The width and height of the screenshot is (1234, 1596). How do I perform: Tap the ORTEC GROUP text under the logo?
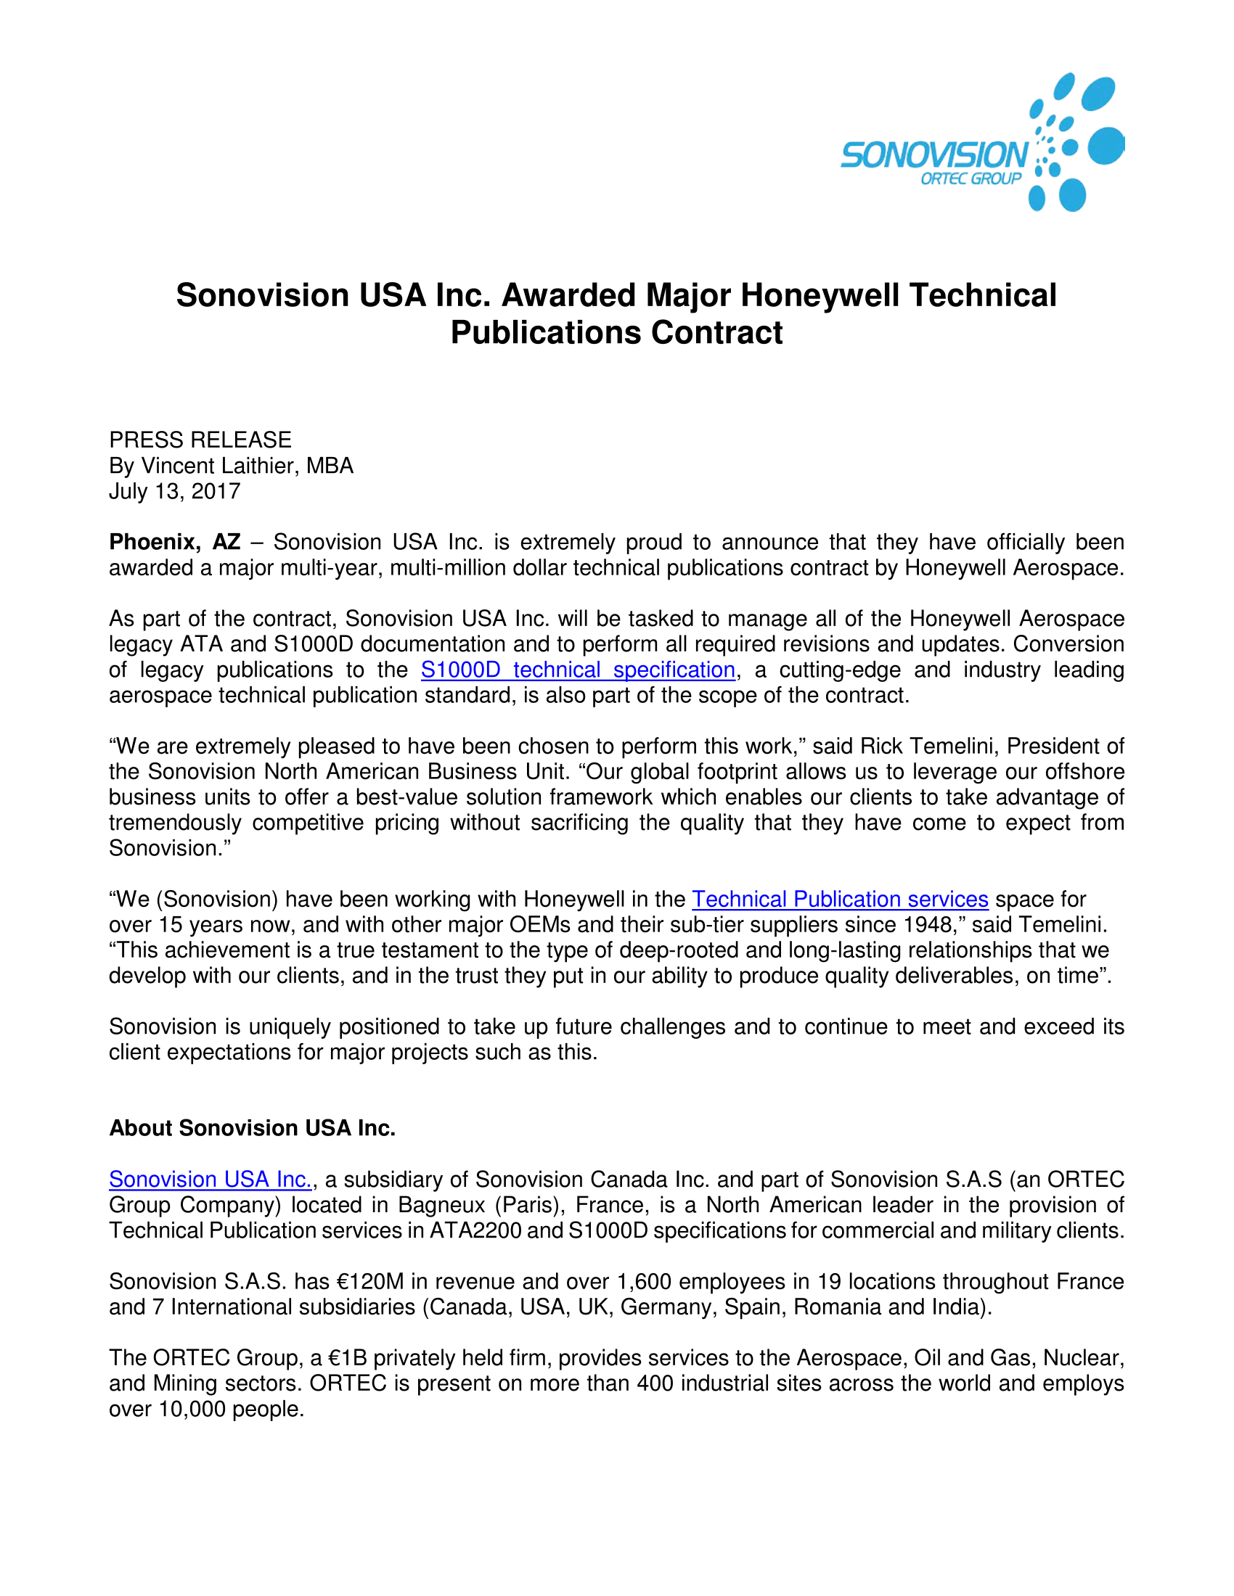click(x=970, y=179)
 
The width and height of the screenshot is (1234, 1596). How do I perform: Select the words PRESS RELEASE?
click(x=200, y=440)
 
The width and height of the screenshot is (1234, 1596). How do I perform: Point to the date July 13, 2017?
click(x=175, y=491)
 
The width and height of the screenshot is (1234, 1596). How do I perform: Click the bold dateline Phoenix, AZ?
click(x=175, y=542)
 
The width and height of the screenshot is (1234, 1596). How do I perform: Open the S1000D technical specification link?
click(x=578, y=670)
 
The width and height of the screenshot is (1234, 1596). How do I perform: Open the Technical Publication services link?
click(x=840, y=900)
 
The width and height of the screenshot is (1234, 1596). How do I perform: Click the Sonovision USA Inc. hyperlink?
click(x=211, y=1180)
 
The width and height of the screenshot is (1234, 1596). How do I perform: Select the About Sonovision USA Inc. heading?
click(x=252, y=1128)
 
